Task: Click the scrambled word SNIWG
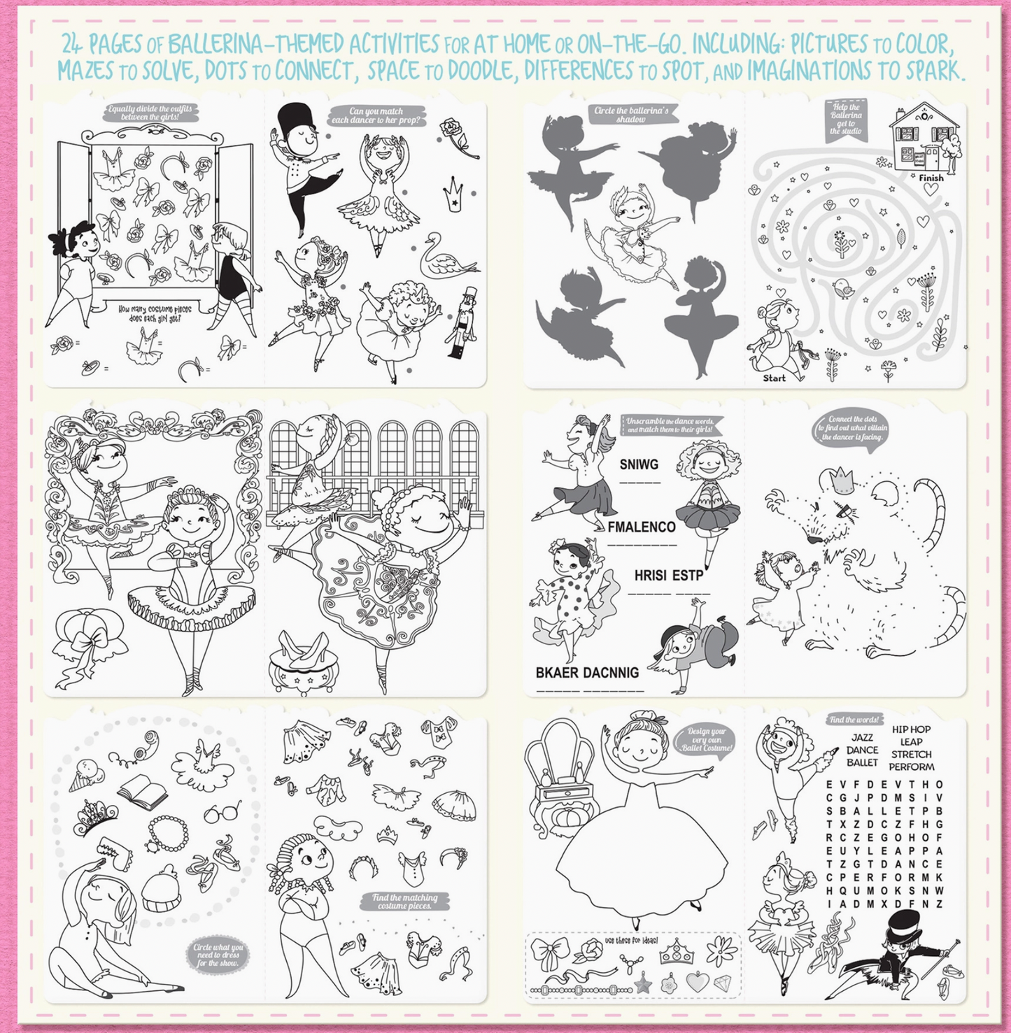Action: pyautogui.click(x=639, y=464)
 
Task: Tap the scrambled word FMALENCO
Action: pyautogui.click(x=642, y=527)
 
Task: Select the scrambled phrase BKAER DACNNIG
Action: pyautogui.click(x=587, y=673)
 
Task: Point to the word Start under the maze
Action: pyautogui.click(x=774, y=378)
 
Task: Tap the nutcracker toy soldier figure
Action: pyautogui.click(x=462, y=320)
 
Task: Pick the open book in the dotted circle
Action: pyautogui.click(x=142, y=792)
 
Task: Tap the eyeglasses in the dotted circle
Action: pyautogui.click(x=222, y=813)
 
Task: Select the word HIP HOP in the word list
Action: pyautogui.click(x=911, y=729)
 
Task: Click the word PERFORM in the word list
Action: pyautogui.click(x=911, y=767)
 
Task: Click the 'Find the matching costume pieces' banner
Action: pyautogui.click(x=404, y=902)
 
